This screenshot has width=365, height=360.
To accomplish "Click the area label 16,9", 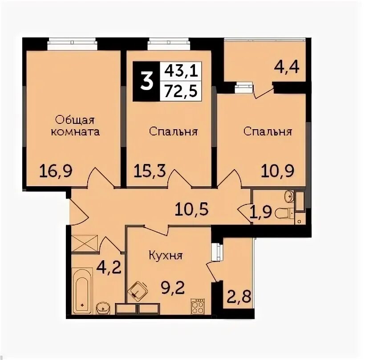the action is [x=56, y=171].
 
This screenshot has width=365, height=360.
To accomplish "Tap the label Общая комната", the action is [x=75, y=126].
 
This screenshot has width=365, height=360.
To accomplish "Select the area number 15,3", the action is [x=150, y=171].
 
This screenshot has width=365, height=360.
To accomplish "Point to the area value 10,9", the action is [x=277, y=171].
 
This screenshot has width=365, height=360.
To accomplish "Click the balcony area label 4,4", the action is [x=287, y=67].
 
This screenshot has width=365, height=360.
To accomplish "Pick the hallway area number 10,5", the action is [x=192, y=209].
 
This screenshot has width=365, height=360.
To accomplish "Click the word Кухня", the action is [x=166, y=256].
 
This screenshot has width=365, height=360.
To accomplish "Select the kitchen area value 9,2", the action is [x=173, y=288].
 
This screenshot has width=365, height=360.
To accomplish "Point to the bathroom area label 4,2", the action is [x=109, y=268].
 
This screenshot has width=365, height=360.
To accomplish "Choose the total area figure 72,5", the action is [x=181, y=90].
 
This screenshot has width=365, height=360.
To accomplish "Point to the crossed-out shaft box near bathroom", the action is [x=84, y=244].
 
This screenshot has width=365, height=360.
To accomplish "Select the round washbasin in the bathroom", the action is [x=103, y=308].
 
